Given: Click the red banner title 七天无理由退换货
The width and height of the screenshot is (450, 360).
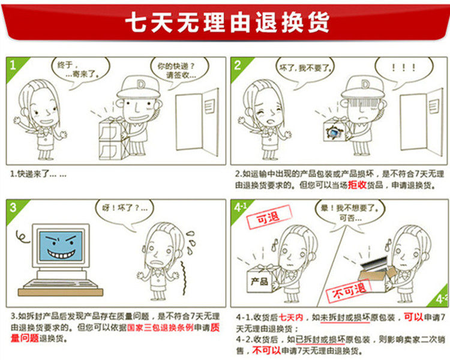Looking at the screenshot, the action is pos(227,22).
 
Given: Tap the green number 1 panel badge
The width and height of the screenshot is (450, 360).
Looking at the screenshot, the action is pos(14,67).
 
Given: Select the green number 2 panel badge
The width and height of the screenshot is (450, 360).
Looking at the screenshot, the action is pos(239,67).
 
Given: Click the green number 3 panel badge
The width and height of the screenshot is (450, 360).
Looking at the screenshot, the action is pos(14,209).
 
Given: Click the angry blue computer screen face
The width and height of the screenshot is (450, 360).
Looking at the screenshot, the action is pos(61,246).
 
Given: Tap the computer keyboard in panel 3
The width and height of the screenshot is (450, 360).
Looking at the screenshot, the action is pos(60,284).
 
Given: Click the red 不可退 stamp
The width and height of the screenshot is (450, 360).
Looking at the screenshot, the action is pos(349,291).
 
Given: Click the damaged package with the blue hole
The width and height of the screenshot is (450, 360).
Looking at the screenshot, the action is pos(335,131).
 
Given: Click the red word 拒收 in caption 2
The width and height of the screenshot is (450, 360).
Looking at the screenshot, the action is pos(358,185).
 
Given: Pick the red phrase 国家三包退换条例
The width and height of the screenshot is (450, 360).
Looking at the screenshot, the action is pos(160,328).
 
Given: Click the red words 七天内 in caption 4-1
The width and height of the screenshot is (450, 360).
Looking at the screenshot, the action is pos(291,317).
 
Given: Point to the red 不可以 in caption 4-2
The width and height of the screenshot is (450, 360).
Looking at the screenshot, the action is pos(266,350).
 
